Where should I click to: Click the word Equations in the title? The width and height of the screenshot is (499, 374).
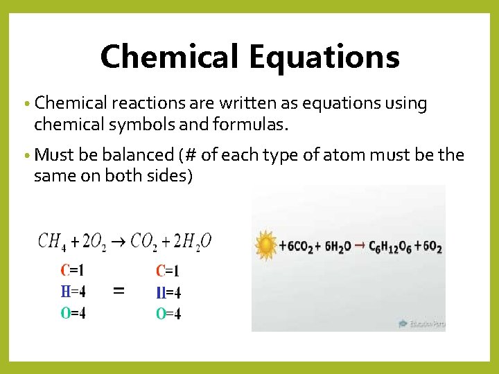325,57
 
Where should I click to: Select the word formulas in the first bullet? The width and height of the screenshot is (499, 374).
254,125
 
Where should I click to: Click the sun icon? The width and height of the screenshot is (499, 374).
265,245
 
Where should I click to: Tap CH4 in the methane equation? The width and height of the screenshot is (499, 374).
53,242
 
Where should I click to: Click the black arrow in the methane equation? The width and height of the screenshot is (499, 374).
119,242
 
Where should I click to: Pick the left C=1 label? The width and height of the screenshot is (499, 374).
73,270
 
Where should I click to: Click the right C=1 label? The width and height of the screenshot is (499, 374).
168,271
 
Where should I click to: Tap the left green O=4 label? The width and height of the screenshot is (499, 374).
73,313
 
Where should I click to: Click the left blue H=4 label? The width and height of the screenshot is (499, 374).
73,292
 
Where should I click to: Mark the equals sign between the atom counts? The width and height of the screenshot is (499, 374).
119,292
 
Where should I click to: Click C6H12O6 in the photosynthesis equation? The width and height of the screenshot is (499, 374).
389,247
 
